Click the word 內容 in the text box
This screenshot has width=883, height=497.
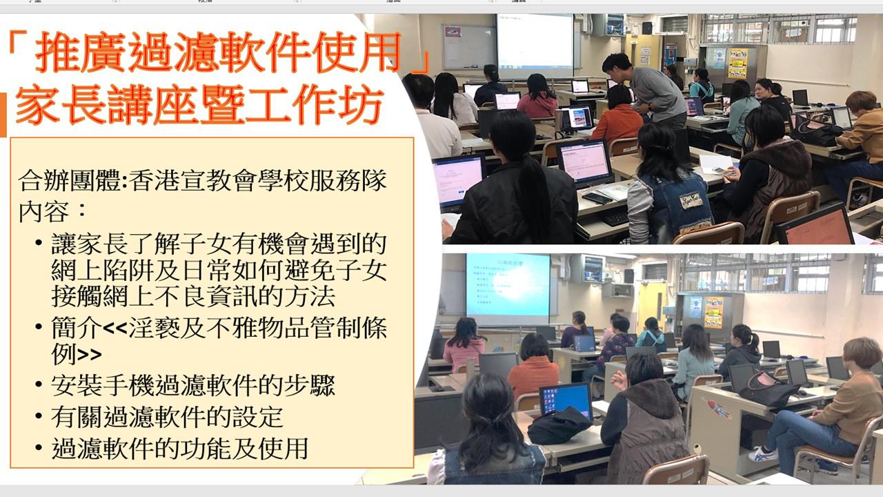(x=43, y=212)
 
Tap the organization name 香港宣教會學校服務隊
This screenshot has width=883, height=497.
(x=257, y=180)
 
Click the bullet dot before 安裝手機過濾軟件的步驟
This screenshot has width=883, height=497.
(x=38, y=384)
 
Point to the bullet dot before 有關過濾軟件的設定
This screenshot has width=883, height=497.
(x=38, y=416)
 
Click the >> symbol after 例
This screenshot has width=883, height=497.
(x=90, y=354)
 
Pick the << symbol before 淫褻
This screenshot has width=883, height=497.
(x=115, y=327)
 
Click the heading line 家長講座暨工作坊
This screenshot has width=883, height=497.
(x=199, y=105)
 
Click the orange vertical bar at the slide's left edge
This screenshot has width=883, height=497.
(x=3, y=115)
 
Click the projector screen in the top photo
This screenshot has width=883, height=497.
(x=535, y=46)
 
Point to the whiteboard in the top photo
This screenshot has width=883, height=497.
(x=469, y=48)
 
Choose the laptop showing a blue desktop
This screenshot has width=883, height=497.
(x=566, y=400)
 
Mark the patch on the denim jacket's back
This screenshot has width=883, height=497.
(x=691, y=201)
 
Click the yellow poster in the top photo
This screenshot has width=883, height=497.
(x=737, y=63)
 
